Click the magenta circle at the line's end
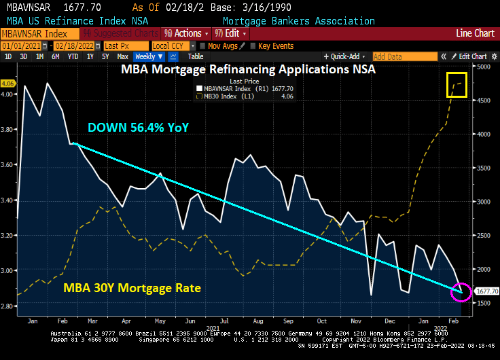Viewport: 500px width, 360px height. tap(462, 291)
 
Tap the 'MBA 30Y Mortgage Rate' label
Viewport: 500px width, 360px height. tap(132, 288)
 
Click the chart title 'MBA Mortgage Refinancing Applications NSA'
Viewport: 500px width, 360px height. tap(249, 69)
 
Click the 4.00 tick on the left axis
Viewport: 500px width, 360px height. tap(8, 94)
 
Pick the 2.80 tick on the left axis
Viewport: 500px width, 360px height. tap(8, 306)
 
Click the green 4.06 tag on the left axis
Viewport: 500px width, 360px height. tap(8, 84)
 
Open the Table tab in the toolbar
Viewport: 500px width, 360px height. tap(195, 56)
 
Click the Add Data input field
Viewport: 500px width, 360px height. tap(404, 56)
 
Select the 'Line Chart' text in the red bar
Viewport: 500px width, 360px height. tap(475, 33)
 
